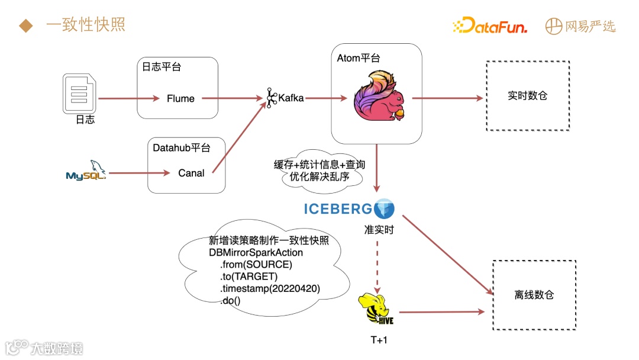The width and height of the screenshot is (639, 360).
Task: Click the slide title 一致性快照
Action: click(85, 25)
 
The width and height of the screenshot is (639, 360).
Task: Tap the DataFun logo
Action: click(489, 26)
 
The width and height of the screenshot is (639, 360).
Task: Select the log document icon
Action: click(80, 92)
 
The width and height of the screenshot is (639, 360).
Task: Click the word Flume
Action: click(180, 98)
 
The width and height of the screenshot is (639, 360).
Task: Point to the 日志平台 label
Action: click(161, 67)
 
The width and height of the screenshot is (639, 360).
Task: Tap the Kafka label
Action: click(291, 98)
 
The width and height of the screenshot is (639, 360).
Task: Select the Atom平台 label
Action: click(358, 58)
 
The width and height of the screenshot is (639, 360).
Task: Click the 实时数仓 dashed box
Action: click(527, 95)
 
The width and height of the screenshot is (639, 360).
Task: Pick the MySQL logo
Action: click(86, 171)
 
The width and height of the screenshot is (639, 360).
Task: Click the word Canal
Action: click(191, 173)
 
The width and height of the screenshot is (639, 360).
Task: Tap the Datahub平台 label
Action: click(181, 147)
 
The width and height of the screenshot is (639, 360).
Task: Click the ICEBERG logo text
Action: click(338, 208)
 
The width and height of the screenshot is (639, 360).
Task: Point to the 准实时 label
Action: click(379, 229)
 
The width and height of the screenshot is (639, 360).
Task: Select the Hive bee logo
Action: click(376, 309)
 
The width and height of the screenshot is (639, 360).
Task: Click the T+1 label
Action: click(378, 340)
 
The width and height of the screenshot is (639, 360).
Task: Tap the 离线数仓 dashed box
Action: click(534, 295)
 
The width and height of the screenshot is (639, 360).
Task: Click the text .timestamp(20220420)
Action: click(270, 288)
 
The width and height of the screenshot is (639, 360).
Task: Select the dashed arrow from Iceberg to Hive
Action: click(376, 261)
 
